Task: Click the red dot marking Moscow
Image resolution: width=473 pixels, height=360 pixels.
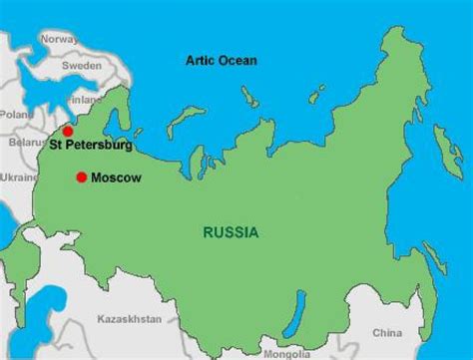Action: (x=81, y=178)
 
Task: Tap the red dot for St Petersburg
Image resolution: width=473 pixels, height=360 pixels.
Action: (x=68, y=131)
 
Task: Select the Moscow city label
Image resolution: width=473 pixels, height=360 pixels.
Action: (x=116, y=179)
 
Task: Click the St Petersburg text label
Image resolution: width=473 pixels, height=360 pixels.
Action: (x=92, y=146)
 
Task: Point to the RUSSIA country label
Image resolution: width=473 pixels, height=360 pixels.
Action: (x=231, y=232)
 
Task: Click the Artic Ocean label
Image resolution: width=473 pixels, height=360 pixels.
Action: (x=221, y=61)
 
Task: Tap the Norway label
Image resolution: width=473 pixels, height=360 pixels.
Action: (x=58, y=39)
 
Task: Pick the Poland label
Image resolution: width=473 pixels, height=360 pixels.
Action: (x=16, y=115)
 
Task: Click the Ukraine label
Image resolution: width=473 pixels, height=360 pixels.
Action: (x=18, y=177)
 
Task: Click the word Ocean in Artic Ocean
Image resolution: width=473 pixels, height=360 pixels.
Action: (x=236, y=61)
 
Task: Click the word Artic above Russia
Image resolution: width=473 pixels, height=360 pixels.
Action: (x=198, y=61)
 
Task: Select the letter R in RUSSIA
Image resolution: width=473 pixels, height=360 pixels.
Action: (x=208, y=232)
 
